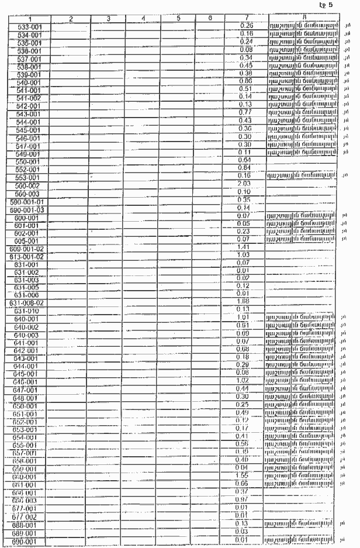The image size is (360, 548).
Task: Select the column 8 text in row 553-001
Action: tap(303, 175)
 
